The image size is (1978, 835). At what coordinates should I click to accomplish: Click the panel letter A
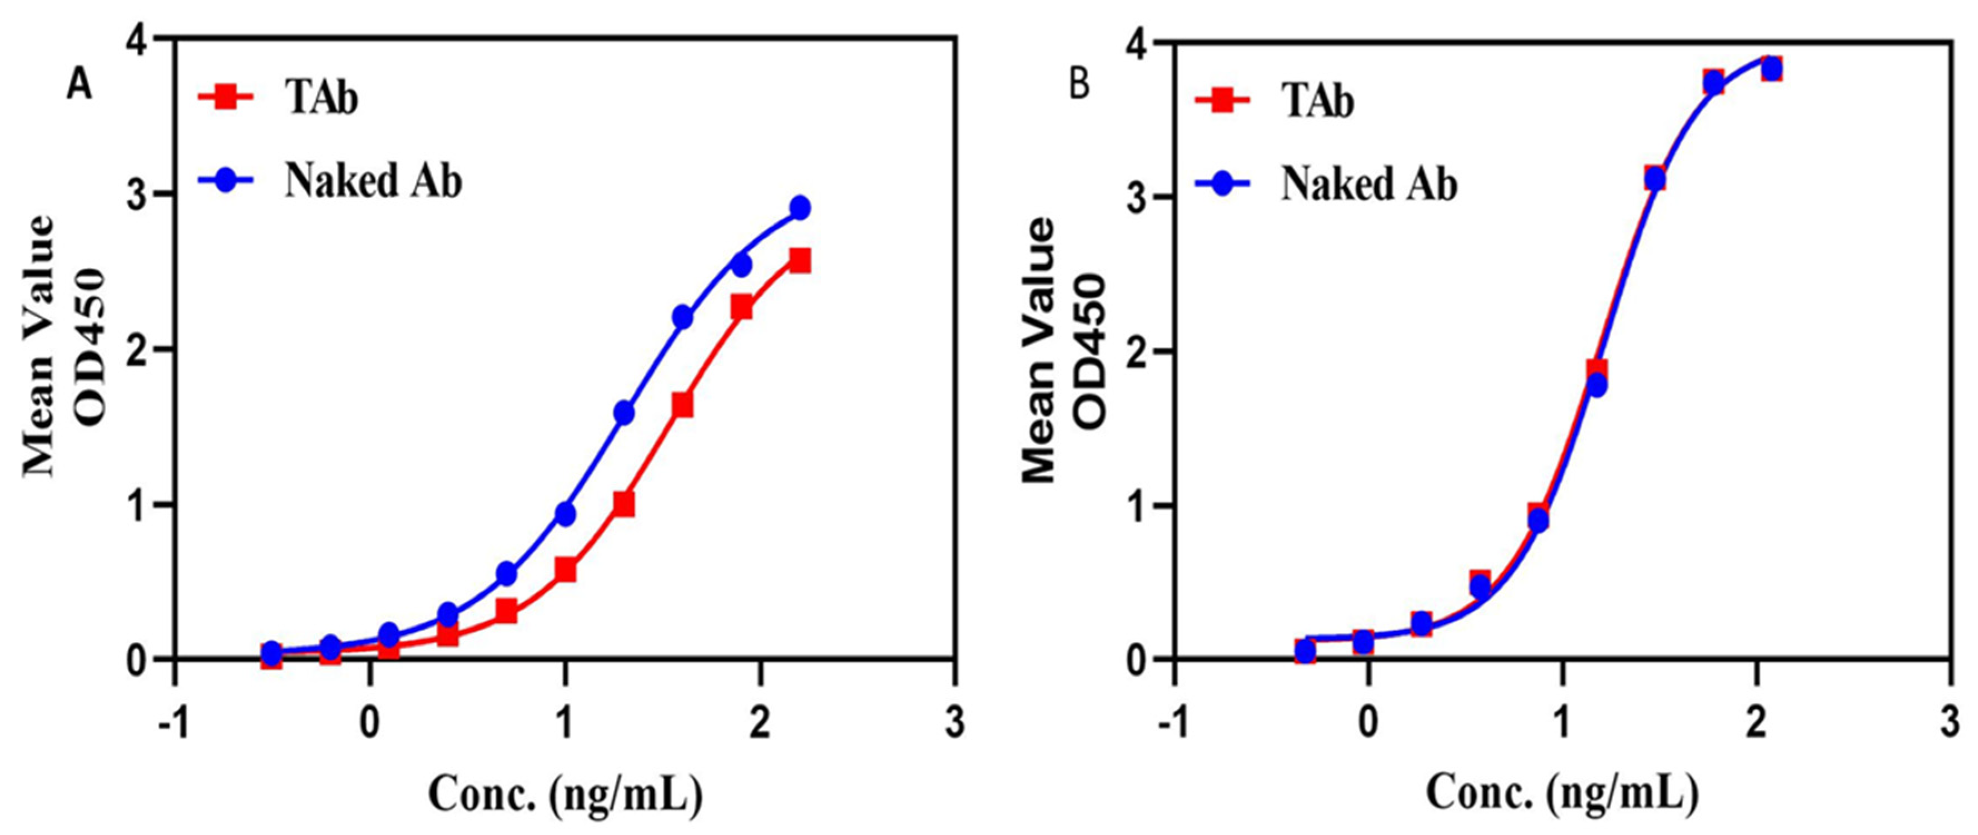(79, 85)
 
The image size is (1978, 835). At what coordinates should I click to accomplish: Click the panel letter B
(1079, 85)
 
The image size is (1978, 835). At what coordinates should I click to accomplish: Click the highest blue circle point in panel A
(800, 207)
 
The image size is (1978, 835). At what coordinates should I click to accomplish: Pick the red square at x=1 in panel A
(565, 570)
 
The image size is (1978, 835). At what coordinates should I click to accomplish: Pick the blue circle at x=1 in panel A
(565, 514)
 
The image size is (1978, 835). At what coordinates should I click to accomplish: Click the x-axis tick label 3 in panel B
(1951, 725)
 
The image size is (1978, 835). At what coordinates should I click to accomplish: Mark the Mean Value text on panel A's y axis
(40, 345)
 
